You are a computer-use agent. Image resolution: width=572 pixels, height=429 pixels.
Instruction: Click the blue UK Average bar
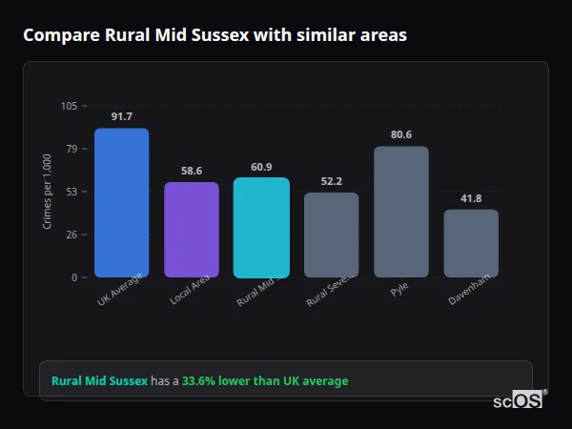pyautogui.click(x=121, y=202)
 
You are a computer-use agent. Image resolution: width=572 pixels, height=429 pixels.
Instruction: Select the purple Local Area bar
pyautogui.click(x=192, y=229)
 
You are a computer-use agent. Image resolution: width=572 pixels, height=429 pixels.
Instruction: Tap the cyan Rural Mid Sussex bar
pyautogui.click(x=261, y=227)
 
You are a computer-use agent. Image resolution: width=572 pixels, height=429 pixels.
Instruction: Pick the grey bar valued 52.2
pyautogui.click(x=332, y=235)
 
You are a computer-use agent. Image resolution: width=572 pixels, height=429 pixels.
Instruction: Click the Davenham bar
pyautogui.click(x=471, y=243)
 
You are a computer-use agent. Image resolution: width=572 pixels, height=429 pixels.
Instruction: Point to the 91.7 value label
pyautogui.click(x=121, y=117)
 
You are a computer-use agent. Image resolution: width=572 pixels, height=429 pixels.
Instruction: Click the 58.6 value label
pyautogui.click(x=192, y=172)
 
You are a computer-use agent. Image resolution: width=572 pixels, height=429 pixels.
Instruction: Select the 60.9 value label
pyautogui.click(x=261, y=167)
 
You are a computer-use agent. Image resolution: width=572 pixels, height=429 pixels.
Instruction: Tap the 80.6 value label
pyautogui.click(x=401, y=135)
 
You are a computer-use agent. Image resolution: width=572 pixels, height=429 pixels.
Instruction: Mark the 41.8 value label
pyautogui.click(x=471, y=198)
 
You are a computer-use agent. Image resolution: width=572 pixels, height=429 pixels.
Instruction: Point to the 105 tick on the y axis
pyautogui.click(x=70, y=106)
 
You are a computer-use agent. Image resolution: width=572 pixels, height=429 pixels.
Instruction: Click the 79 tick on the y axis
pyautogui.click(x=71, y=149)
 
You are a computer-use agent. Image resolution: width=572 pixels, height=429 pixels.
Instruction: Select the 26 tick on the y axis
pyautogui.click(x=71, y=235)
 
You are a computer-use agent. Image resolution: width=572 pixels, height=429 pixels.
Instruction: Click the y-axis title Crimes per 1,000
pyautogui.click(x=48, y=192)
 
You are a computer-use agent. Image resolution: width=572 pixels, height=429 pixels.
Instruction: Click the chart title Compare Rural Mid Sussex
pyautogui.click(x=214, y=35)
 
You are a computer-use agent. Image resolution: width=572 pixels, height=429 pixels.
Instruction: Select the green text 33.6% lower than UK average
pyautogui.click(x=265, y=381)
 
